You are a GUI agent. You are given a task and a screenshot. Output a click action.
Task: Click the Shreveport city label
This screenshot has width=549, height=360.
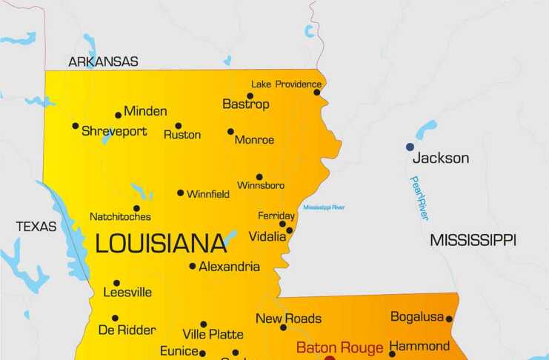[x=114, y=131]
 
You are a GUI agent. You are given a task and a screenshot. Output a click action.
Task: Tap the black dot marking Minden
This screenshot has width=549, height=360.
[x=118, y=115]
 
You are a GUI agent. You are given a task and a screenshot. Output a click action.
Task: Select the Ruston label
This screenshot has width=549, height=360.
[x=182, y=134]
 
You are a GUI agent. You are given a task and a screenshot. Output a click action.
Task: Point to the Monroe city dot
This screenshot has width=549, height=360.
[x=230, y=132]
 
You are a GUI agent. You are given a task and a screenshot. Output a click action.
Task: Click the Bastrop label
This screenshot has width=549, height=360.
[x=246, y=104]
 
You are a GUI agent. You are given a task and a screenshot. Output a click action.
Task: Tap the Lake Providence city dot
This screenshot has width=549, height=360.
[x=317, y=93]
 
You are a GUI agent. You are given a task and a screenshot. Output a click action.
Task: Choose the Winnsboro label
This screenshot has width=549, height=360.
[x=261, y=185]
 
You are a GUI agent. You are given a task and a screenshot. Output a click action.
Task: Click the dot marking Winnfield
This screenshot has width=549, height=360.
[x=180, y=193]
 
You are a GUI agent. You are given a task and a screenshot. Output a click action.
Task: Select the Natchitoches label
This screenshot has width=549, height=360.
[x=120, y=216]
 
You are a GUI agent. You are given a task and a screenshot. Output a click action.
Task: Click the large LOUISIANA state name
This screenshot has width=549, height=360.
[x=161, y=243]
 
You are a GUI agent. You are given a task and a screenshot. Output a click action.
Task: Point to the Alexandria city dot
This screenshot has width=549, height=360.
[x=193, y=266]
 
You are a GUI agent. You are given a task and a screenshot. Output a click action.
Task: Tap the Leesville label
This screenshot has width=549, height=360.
[x=127, y=292]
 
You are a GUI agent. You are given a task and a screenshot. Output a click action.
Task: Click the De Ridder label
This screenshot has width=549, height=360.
[x=127, y=330]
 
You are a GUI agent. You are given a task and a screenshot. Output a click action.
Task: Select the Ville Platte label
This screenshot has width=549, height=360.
[x=213, y=334]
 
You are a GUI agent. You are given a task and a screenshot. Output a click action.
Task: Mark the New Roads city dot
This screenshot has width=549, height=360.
[x=283, y=327]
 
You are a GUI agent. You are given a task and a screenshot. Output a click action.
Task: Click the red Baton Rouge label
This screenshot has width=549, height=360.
[x=340, y=347]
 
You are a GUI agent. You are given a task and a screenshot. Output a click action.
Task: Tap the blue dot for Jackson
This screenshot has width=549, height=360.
[x=410, y=147]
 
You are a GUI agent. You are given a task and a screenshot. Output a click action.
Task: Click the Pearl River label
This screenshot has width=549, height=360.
[x=419, y=198]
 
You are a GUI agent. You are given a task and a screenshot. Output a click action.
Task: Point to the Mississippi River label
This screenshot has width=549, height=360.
[x=324, y=207]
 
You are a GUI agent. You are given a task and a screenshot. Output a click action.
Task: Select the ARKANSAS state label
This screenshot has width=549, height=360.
[x=103, y=61]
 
